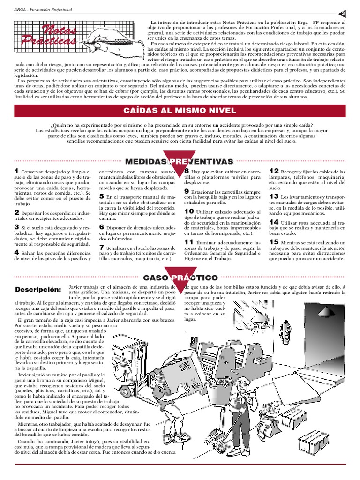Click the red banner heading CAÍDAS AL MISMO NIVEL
(180, 110)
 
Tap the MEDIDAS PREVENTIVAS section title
(180, 162)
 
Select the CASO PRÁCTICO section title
(180, 278)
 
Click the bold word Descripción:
(38, 288)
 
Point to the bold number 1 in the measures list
(16, 172)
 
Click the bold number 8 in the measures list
(186, 172)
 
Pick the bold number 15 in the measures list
(274, 242)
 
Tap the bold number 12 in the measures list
(274, 172)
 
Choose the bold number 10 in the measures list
(188, 211)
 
